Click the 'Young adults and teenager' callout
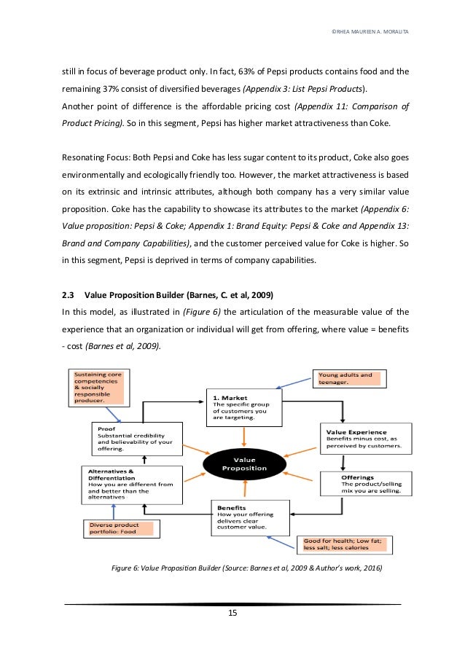[351, 378]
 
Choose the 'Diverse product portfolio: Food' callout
[120, 528]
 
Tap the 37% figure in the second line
[118, 89]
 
